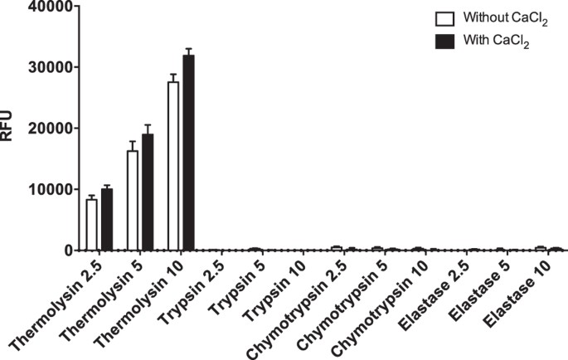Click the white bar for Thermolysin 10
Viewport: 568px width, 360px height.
[173, 166]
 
